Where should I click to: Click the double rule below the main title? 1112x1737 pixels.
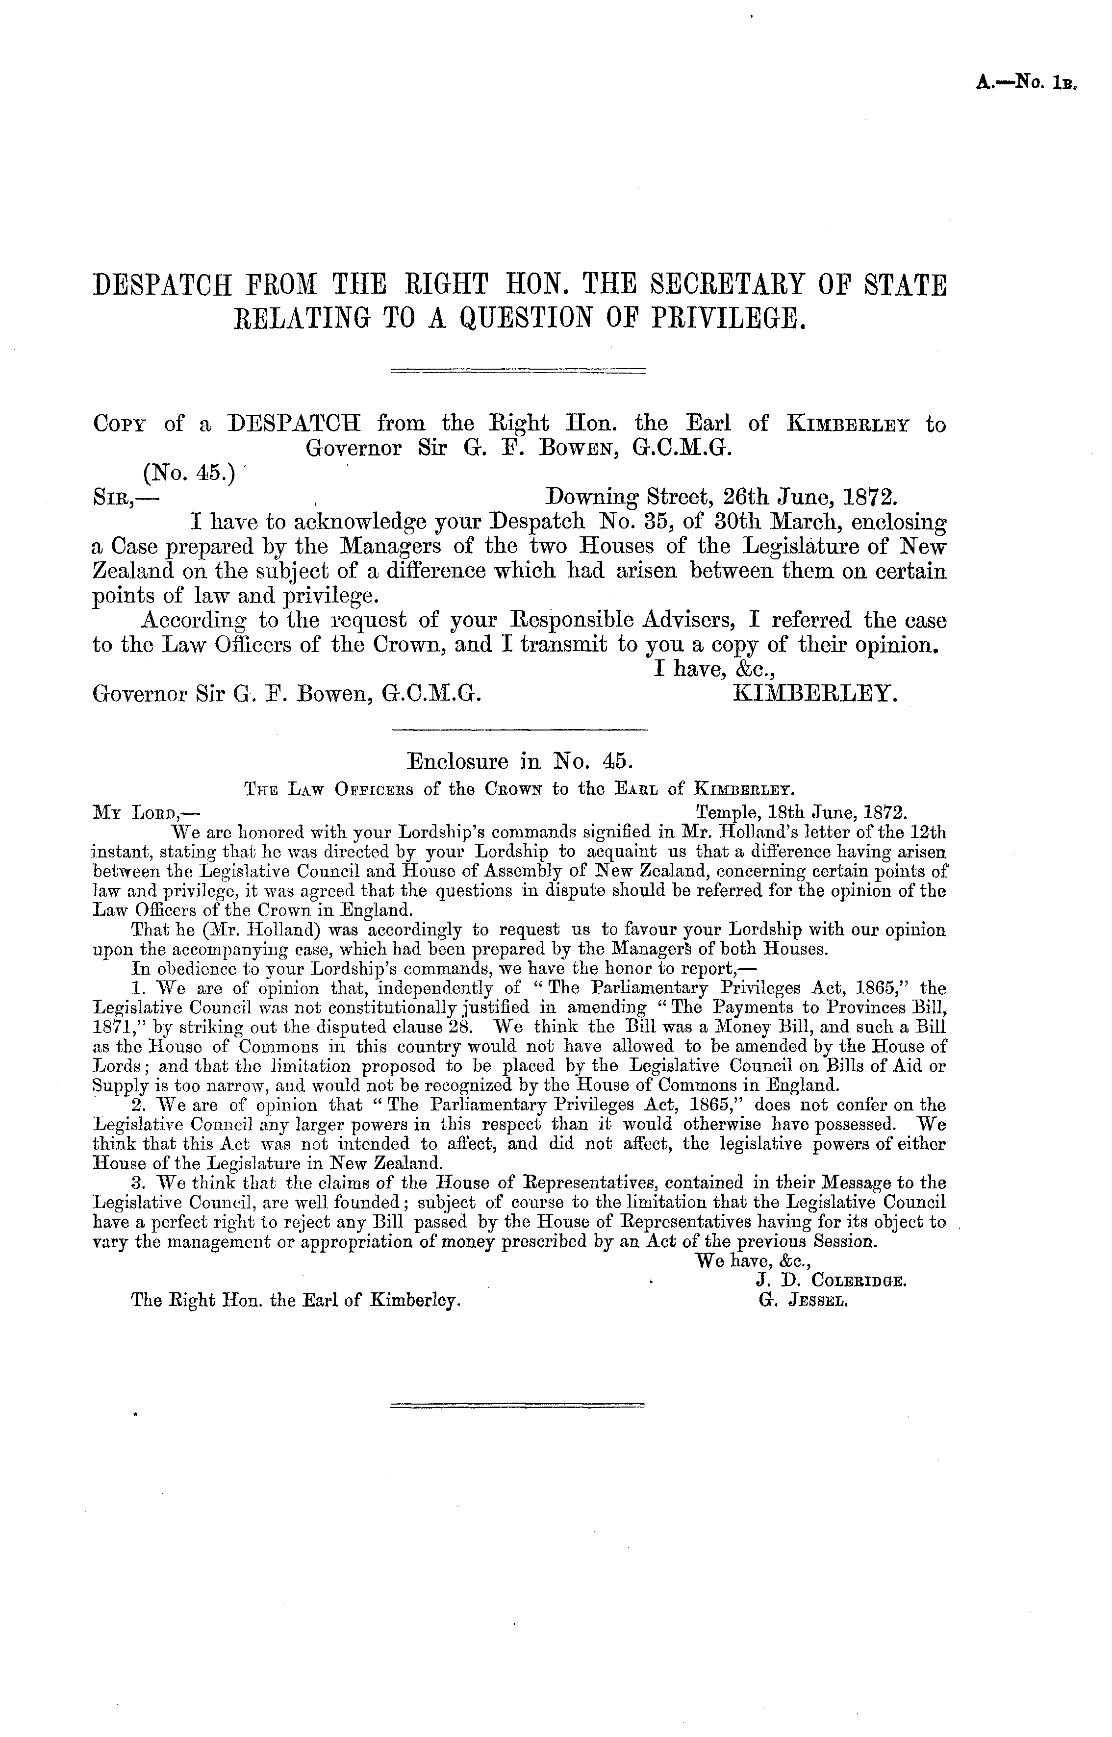click(518, 372)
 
